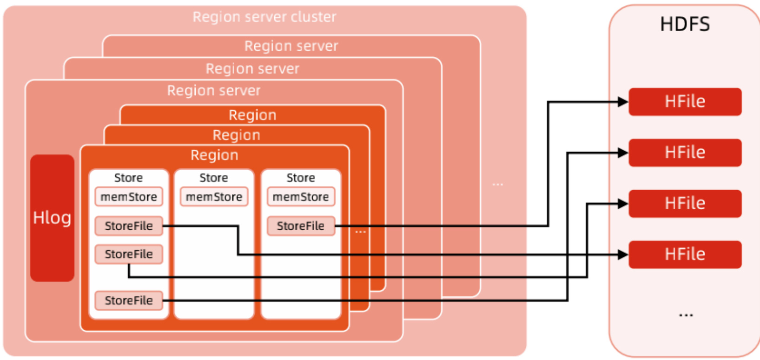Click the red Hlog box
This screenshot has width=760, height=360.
click(52, 218)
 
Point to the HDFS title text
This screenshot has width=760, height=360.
click(685, 24)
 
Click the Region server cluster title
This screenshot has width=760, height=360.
click(264, 17)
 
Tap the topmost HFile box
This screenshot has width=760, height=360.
click(685, 102)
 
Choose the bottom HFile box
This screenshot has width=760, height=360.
click(685, 255)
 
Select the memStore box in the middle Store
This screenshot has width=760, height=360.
click(214, 197)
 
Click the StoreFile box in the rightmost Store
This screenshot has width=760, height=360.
click(301, 226)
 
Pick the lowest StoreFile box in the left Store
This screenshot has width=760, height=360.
click(129, 300)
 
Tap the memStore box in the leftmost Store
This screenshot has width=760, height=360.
click(129, 197)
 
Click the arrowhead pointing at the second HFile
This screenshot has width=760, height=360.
click(623, 153)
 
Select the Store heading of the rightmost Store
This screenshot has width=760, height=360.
click(301, 178)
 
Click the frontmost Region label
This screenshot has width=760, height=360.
click(214, 155)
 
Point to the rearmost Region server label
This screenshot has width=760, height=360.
click(291, 46)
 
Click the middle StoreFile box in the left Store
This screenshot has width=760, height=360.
click(129, 254)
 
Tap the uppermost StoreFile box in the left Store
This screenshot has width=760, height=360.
click(129, 226)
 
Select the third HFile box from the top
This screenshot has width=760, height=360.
click(685, 204)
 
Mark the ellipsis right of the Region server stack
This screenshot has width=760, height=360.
click(497, 184)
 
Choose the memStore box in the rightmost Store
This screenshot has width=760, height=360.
click(301, 197)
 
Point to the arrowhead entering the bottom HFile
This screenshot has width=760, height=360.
click(623, 255)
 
